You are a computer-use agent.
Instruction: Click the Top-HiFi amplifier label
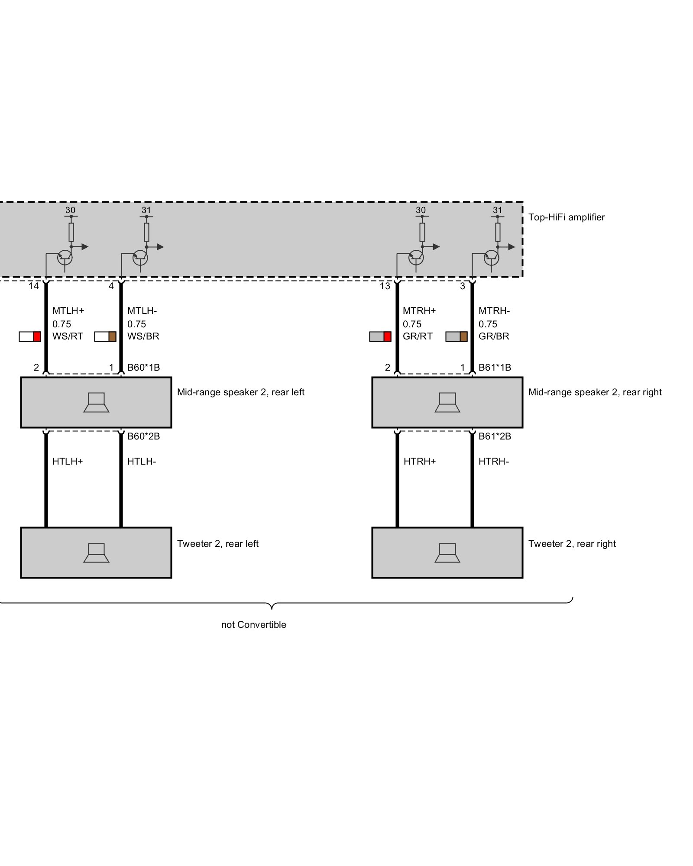click(x=566, y=217)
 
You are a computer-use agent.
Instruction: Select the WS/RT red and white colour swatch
click(x=30, y=336)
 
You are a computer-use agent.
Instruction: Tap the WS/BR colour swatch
click(x=105, y=336)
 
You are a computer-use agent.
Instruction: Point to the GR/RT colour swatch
click(x=380, y=336)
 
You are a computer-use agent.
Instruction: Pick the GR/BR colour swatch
click(x=457, y=336)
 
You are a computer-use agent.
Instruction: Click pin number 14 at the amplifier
click(x=34, y=286)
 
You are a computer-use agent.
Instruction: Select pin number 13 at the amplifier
click(x=385, y=286)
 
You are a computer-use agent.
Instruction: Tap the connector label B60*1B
click(x=143, y=368)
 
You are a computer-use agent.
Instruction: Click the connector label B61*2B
click(x=495, y=436)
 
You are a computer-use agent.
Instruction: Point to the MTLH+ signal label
click(x=68, y=310)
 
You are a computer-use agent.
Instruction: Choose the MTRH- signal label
click(x=494, y=310)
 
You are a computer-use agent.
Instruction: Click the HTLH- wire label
click(x=142, y=462)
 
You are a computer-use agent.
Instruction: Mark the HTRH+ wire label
click(x=420, y=462)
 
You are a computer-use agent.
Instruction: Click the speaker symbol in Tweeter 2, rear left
click(x=96, y=553)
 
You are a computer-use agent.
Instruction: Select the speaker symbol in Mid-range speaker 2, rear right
click(x=447, y=402)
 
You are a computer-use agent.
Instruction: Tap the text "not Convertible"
click(x=254, y=625)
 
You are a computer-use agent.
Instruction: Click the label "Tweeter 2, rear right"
click(x=572, y=544)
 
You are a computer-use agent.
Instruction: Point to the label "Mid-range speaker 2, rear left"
click(x=241, y=392)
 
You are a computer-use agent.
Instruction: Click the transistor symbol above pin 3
click(x=491, y=258)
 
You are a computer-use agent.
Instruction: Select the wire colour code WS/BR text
click(x=143, y=336)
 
